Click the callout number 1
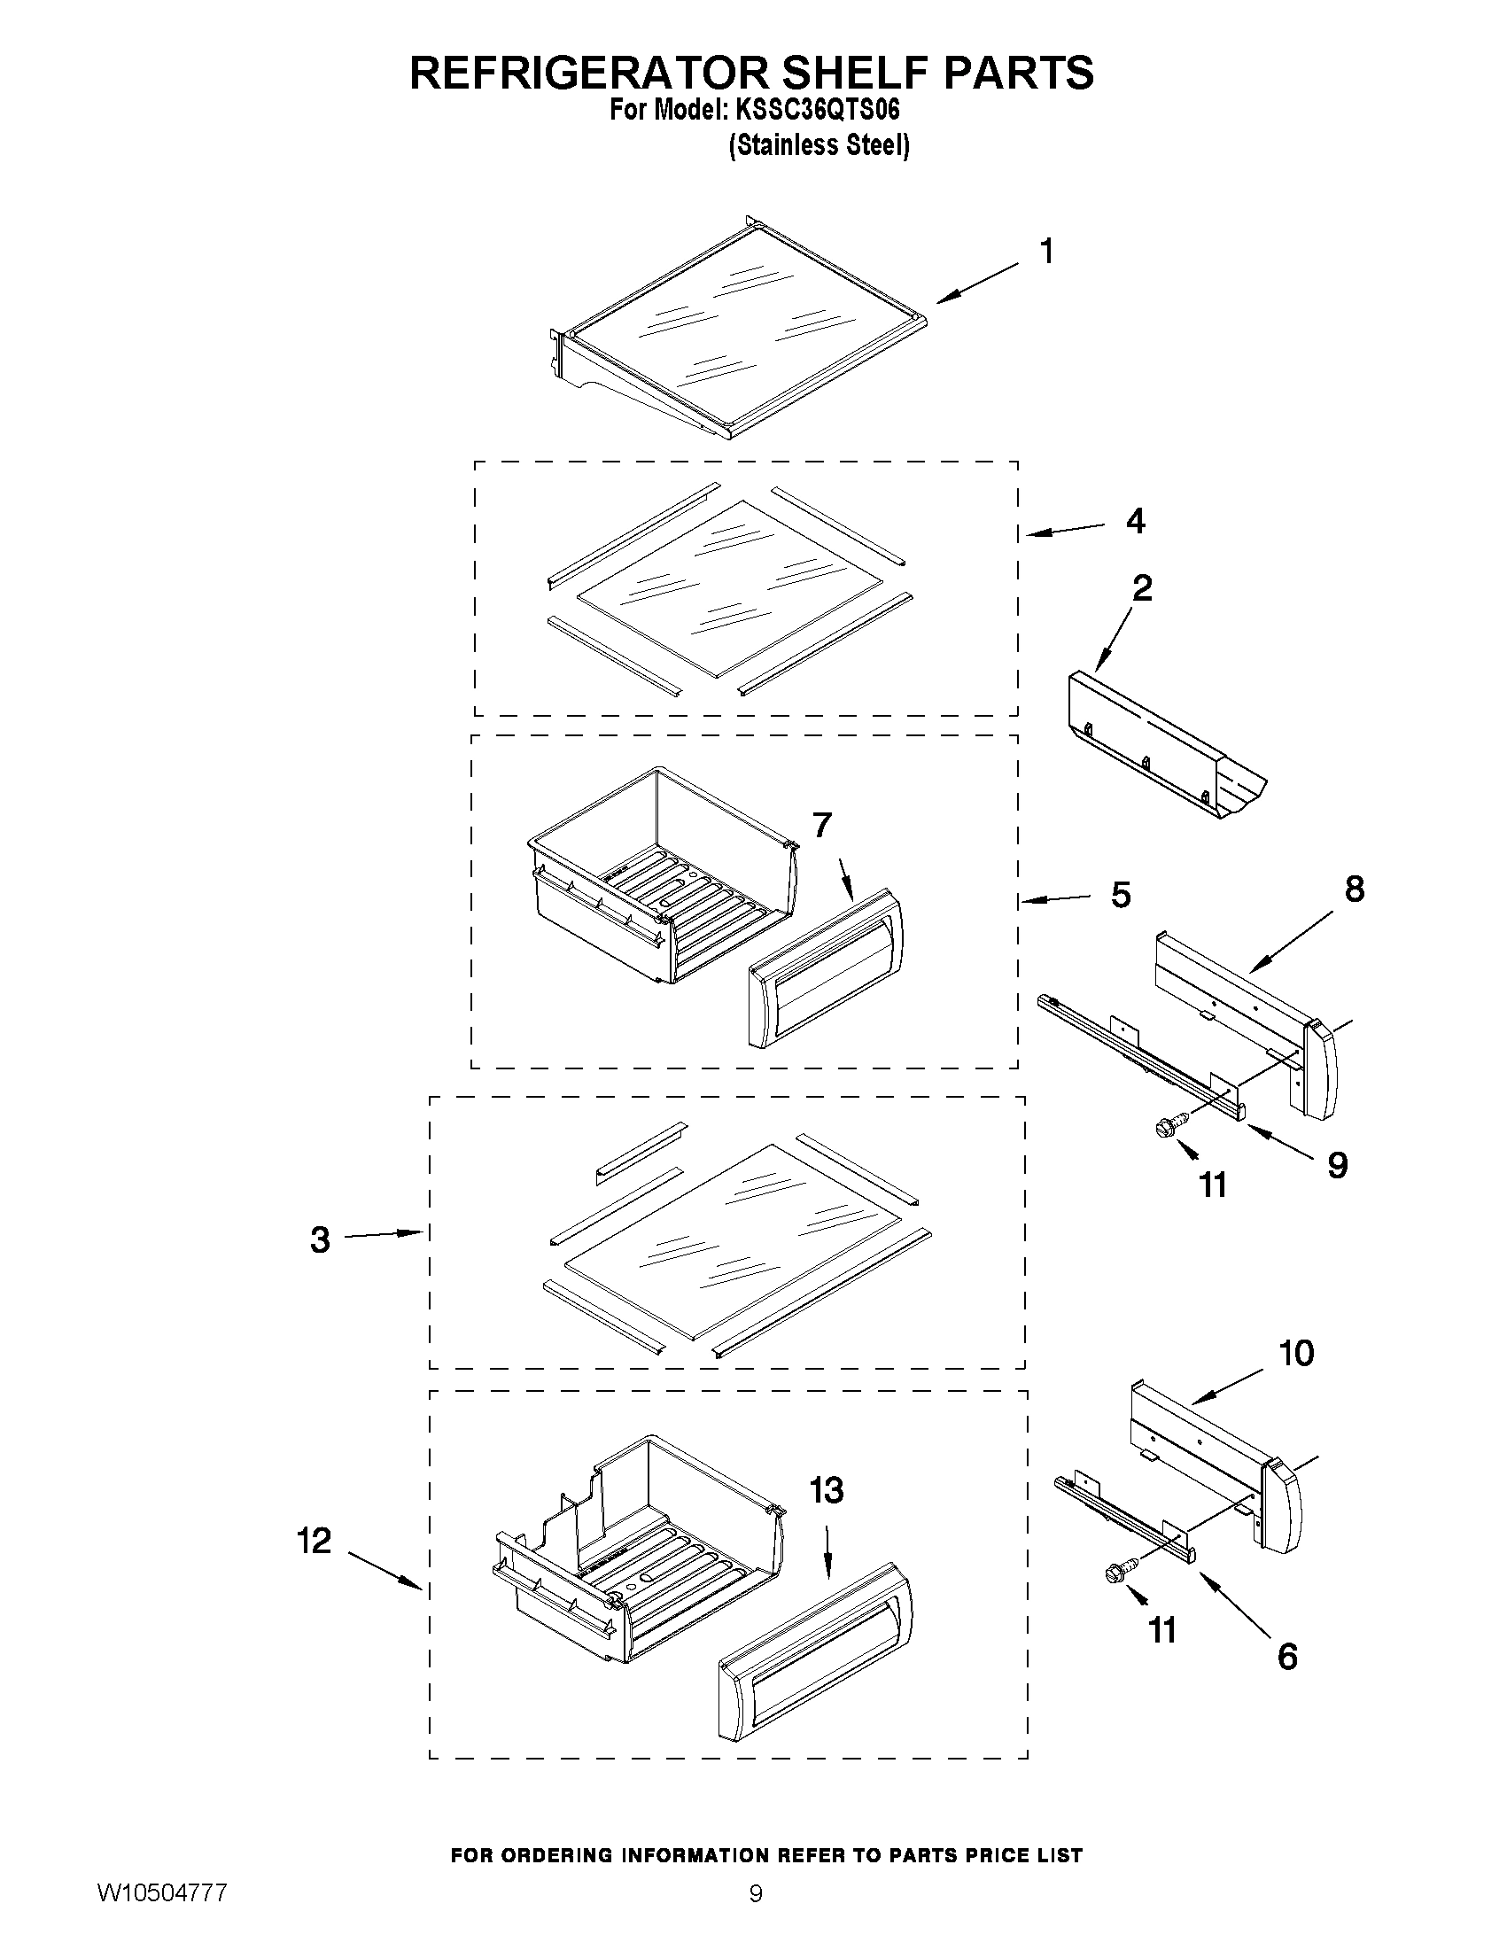click(x=1046, y=252)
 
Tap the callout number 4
click(x=1135, y=521)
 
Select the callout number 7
click(x=822, y=826)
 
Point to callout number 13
click(x=827, y=1489)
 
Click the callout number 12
click(x=315, y=1540)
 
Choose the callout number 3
click(x=320, y=1239)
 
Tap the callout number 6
click(x=1287, y=1656)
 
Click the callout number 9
click(x=1337, y=1165)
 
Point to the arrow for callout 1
click(x=976, y=282)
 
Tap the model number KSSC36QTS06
click(x=816, y=111)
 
